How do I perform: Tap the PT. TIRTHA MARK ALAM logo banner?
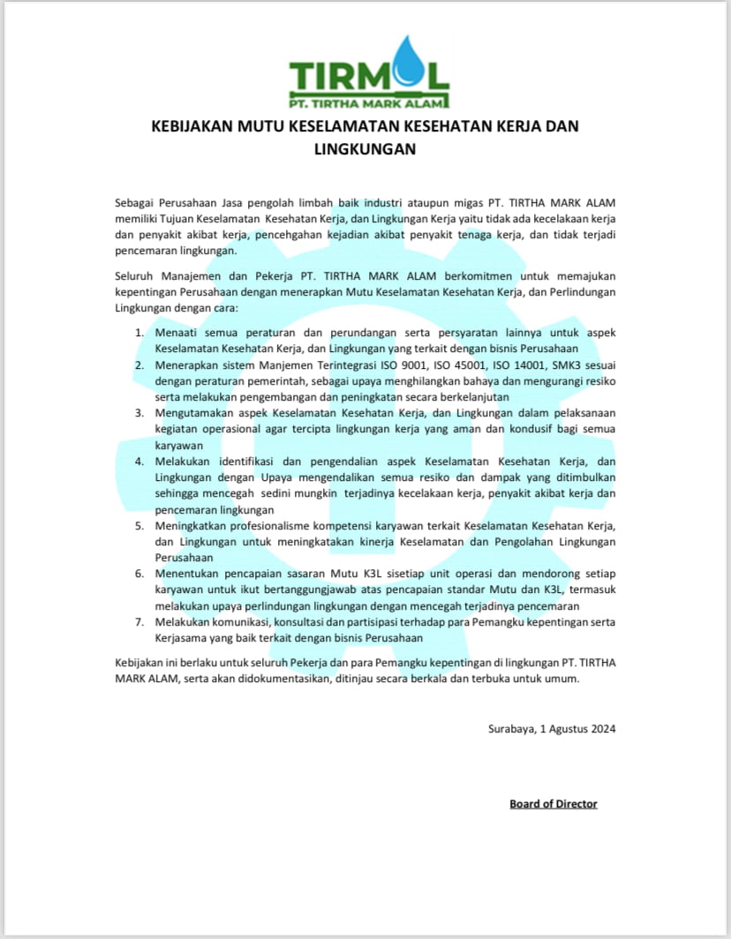[x=368, y=102]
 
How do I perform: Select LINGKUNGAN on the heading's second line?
[x=365, y=149]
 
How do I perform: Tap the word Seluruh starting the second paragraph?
[x=136, y=275]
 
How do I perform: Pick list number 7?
[x=139, y=621]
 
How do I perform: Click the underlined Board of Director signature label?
[x=554, y=804]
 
